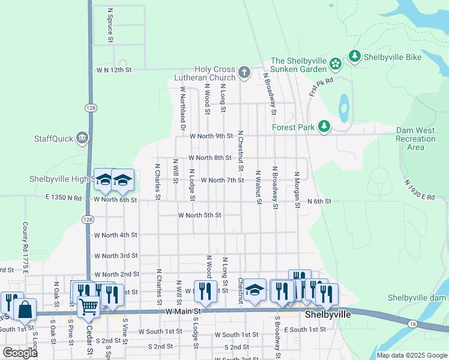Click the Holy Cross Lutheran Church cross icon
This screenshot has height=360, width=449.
click(x=244, y=73)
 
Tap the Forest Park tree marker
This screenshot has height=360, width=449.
click(x=324, y=127)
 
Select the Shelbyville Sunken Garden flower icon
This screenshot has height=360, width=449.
click(x=336, y=62)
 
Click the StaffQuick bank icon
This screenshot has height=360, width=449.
click(x=82, y=139)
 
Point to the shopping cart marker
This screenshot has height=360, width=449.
click(x=89, y=307)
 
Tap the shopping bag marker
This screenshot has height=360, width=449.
click(x=25, y=310)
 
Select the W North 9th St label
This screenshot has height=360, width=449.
click(x=211, y=136)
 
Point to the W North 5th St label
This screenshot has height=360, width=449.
click(x=200, y=215)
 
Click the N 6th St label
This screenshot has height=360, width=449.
click(x=319, y=202)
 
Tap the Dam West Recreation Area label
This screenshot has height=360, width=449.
click(x=415, y=139)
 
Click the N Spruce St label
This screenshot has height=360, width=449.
click(x=110, y=25)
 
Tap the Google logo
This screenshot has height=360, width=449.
click(x=20, y=353)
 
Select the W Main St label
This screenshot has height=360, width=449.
click(x=182, y=311)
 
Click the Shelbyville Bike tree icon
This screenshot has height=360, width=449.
click(x=355, y=56)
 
